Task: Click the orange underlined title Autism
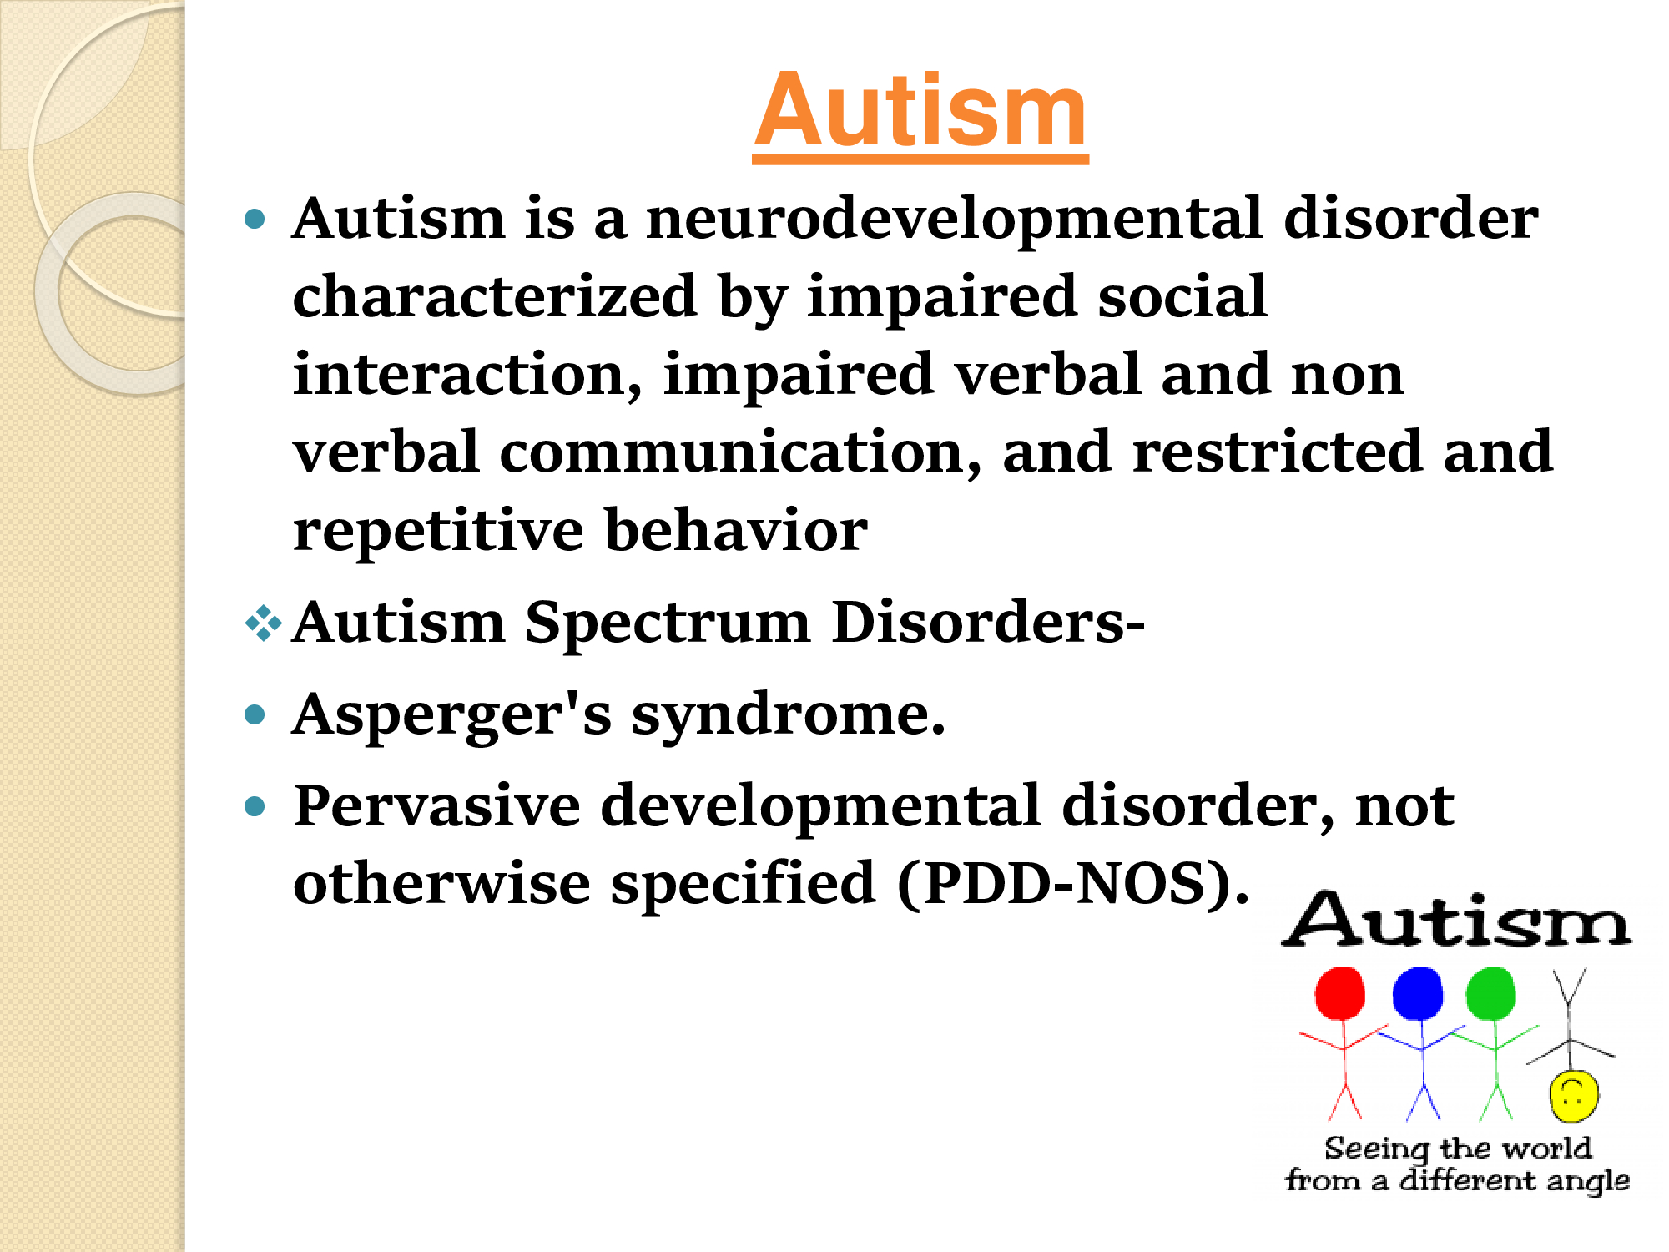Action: point(920,112)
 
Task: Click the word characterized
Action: point(495,296)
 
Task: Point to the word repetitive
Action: point(438,532)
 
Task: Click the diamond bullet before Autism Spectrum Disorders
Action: point(264,623)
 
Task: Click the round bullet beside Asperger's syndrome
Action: point(255,715)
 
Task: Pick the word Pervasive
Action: point(436,805)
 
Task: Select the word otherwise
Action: point(441,883)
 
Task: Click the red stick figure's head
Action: point(1339,993)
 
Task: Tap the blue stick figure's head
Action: point(1418,993)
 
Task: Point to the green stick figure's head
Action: point(1490,993)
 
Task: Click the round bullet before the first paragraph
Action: point(255,220)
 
